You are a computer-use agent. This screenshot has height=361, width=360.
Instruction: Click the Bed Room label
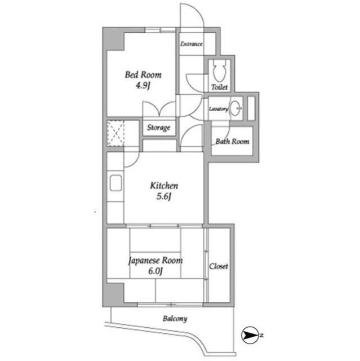(143, 74)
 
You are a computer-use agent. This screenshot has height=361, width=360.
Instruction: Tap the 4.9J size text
(143, 86)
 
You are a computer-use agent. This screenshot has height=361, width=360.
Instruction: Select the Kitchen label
(164, 186)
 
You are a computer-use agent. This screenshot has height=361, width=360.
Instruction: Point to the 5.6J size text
(164, 196)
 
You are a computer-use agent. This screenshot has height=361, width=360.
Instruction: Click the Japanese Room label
(155, 261)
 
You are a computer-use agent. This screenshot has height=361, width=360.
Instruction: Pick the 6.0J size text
(155, 271)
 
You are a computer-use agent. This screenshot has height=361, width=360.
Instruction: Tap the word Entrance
(191, 44)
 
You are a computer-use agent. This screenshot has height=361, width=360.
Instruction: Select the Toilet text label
(219, 87)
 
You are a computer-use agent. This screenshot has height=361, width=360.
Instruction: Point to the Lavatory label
(219, 109)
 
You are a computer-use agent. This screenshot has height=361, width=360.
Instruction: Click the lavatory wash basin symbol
(235, 108)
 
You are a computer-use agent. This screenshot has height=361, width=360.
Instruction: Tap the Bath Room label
(232, 141)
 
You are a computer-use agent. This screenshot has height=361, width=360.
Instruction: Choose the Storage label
(159, 127)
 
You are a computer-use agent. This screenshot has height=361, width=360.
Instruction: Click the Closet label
(219, 266)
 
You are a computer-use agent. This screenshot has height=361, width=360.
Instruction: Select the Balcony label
(175, 319)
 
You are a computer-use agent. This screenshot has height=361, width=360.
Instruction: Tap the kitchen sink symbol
(115, 183)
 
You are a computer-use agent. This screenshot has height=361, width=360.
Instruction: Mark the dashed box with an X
(115, 133)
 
